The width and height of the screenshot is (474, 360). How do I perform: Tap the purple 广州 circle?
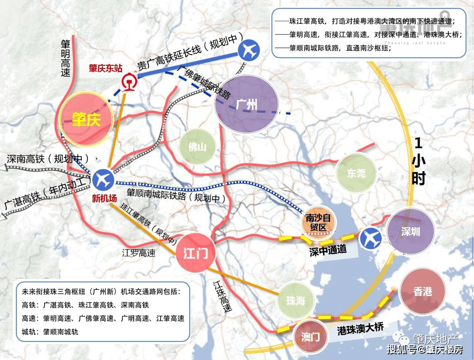[246, 104]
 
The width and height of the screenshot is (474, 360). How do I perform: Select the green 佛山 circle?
[197, 147]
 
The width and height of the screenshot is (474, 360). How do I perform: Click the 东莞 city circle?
[356, 173]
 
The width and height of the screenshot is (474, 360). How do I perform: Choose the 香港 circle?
[422, 291]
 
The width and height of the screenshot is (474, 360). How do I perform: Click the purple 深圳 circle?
[410, 232]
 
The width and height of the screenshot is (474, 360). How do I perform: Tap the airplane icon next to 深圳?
[371, 239]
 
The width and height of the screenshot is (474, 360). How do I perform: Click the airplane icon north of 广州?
[248, 50]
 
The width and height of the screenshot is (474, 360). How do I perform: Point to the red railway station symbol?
[128, 82]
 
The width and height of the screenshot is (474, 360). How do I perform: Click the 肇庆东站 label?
[105, 68]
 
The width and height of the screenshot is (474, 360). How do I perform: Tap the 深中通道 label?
[328, 250]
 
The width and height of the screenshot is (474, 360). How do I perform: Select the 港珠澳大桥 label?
[361, 328]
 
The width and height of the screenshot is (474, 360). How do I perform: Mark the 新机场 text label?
[104, 199]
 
